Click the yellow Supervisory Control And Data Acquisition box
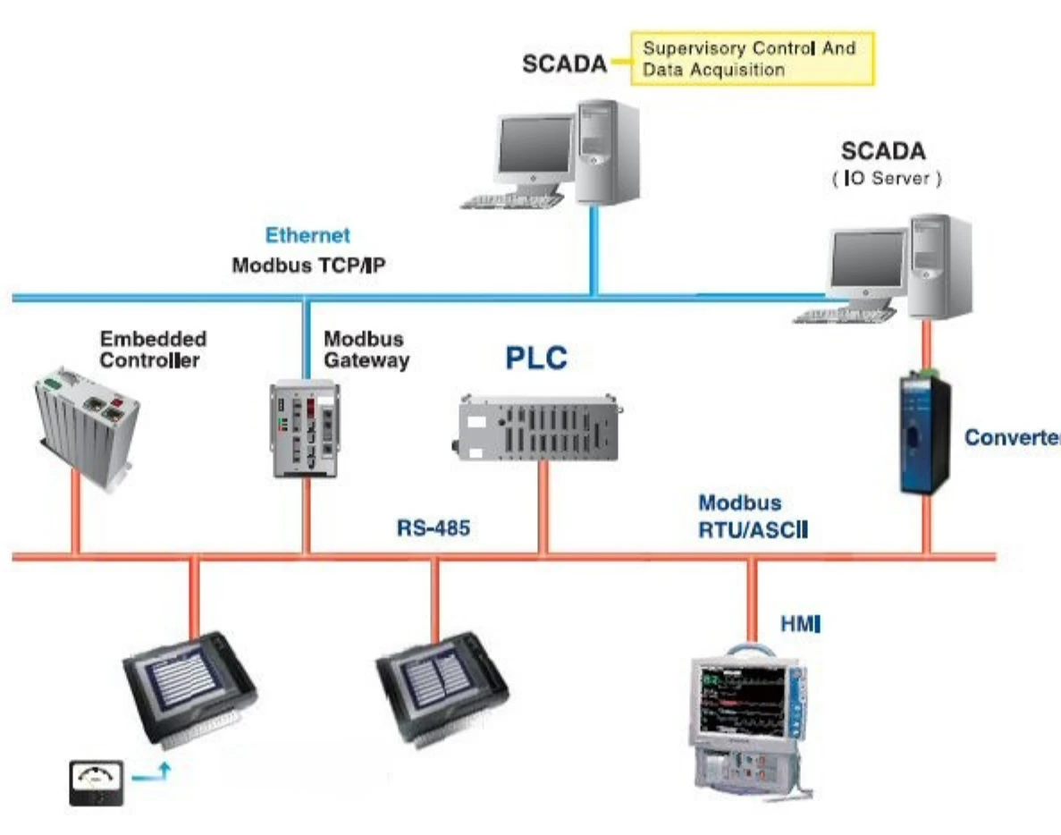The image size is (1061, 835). point(752,59)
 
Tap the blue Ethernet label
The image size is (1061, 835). point(307,236)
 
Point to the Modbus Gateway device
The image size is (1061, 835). point(305,426)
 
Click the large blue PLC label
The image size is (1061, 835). point(536,358)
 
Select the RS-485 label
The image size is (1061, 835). point(434,527)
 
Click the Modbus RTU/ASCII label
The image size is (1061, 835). point(753,517)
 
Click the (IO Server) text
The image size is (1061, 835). point(885,179)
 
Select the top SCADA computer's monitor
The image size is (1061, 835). point(534,148)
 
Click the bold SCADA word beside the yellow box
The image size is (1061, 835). point(564,64)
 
